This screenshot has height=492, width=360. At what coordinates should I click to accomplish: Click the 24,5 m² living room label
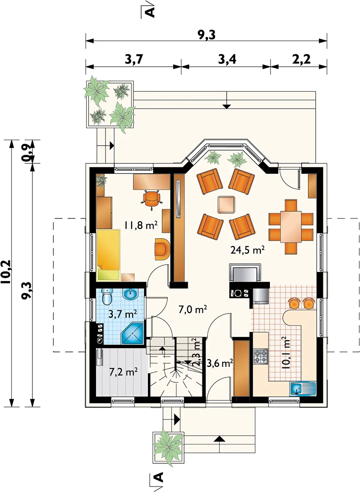[x=247, y=250]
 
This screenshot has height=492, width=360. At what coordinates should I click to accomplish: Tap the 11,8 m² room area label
[x=140, y=225]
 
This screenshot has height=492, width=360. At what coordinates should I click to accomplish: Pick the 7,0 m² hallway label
[x=193, y=310]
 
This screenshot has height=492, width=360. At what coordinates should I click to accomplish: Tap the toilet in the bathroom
[x=107, y=296]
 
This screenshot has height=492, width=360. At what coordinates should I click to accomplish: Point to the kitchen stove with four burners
[x=260, y=357]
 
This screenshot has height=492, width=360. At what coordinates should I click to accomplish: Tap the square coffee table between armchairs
[x=227, y=204]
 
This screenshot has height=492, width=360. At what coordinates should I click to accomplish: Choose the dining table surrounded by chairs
[x=291, y=226]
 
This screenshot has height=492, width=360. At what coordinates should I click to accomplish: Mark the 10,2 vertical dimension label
[x=6, y=272]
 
